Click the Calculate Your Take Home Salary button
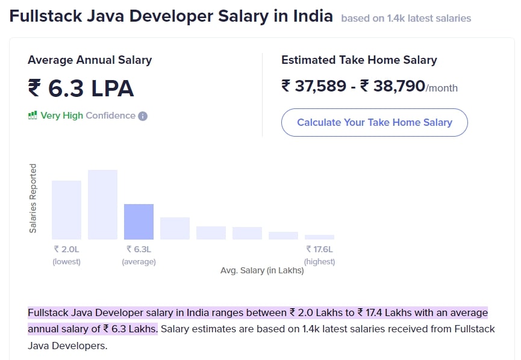[374, 122]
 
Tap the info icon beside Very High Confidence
[143, 116]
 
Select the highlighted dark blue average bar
[139, 222]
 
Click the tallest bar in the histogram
[102, 205]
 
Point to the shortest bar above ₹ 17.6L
[319, 237]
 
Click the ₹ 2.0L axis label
[66, 249]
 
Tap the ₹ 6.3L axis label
[139, 249]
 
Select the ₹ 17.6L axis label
[319, 249]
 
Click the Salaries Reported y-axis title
[33, 198]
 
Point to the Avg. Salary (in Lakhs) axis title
[262, 271]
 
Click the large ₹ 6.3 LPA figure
[81, 88]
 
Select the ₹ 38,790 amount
[393, 86]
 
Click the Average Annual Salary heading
[90, 60]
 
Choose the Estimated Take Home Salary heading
[359, 60]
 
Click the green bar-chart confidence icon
[33, 116]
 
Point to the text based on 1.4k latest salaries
[406, 18]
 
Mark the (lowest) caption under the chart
[66, 262]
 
